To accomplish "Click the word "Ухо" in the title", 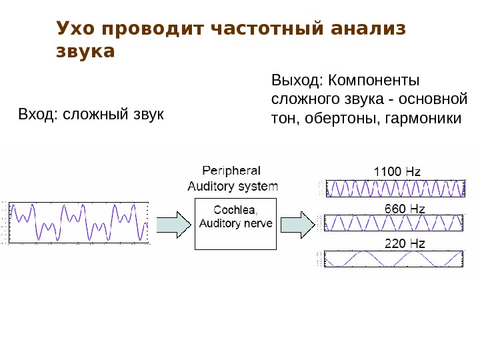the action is tap(76, 29).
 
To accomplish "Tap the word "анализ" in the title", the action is tap(365, 29).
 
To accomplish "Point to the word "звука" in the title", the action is tap(85, 51).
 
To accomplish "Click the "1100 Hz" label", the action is tap(397, 172).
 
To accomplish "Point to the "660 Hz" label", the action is tap(404, 209).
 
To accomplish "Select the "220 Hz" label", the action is tap(404, 244).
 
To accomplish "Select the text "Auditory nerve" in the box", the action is tap(236, 223).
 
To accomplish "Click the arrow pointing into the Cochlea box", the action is tap(174, 223).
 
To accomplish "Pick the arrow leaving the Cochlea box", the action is tap(297, 223).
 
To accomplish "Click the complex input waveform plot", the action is tap(78, 221).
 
